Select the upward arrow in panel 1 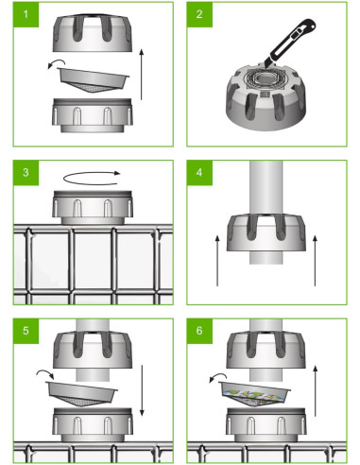(142, 77)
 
